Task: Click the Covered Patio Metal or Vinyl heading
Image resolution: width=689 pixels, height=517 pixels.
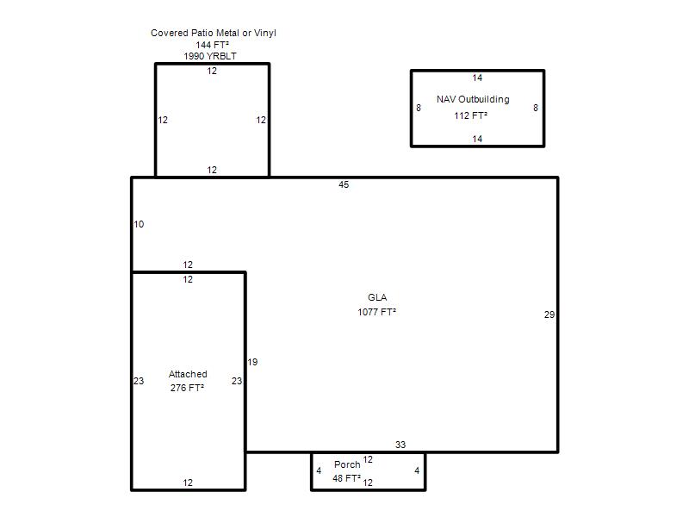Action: tap(213, 33)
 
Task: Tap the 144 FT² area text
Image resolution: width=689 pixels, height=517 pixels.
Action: tap(212, 45)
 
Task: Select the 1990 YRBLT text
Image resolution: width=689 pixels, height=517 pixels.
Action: tap(210, 56)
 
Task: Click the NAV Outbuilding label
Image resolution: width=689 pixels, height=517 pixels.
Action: tap(473, 99)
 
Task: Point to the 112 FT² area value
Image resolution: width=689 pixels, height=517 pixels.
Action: tap(470, 115)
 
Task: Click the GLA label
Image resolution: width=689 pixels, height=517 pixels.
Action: tap(377, 297)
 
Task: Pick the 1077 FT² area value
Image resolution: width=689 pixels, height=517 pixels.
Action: tap(376, 312)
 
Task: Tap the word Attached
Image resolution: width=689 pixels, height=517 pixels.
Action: tap(188, 374)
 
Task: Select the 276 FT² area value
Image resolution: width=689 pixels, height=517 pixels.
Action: tap(187, 388)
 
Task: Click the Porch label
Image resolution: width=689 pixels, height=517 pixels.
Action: tap(347, 464)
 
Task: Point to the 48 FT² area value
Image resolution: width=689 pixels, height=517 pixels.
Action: tap(347, 478)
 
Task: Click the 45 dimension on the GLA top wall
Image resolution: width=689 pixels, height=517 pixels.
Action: tap(344, 184)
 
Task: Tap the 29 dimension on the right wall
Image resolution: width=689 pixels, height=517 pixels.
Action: tap(549, 315)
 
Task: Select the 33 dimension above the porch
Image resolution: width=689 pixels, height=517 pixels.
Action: tap(400, 445)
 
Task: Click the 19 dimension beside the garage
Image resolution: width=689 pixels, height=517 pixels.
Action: tap(252, 362)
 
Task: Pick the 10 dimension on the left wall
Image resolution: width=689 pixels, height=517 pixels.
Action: tap(139, 224)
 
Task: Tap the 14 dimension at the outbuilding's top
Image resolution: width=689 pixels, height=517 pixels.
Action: tap(477, 78)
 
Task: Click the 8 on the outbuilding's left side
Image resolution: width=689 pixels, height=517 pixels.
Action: tap(419, 108)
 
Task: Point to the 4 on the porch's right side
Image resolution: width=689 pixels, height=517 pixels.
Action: tap(417, 470)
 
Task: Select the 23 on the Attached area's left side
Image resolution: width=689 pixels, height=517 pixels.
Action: tap(139, 381)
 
